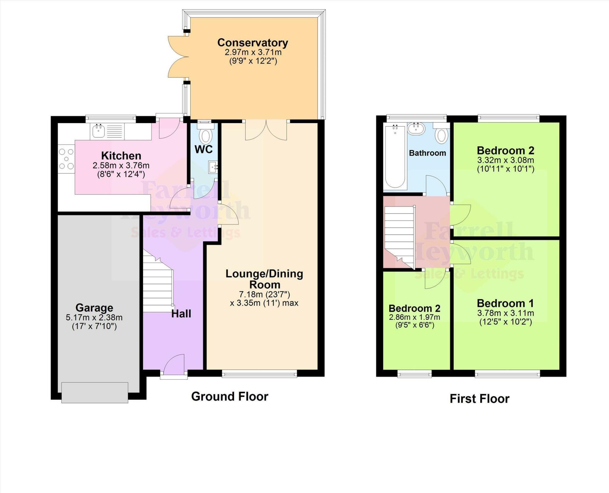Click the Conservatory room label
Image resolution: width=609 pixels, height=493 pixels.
[x=252, y=43]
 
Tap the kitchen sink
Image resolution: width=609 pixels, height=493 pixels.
[x=98, y=131]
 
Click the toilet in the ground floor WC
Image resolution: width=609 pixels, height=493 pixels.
[x=205, y=135]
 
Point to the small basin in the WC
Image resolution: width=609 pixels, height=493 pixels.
[x=213, y=167]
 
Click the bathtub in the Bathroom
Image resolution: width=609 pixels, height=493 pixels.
[x=395, y=157]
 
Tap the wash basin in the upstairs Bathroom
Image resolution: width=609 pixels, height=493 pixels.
[x=416, y=129]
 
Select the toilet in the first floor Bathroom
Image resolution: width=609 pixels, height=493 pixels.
[x=442, y=134]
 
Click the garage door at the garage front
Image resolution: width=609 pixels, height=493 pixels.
[x=95, y=392]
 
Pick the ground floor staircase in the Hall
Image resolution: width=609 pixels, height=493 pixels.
[x=158, y=285]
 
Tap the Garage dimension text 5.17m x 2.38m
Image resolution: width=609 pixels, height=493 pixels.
[x=94, y=317]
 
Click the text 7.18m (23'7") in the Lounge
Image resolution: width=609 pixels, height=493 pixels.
[x=264, y=294]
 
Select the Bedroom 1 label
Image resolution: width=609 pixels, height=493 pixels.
[x=505, y=303]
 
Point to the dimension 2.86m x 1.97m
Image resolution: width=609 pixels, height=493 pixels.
[x=415, y=317]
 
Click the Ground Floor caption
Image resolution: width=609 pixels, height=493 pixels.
[x=230, y=396]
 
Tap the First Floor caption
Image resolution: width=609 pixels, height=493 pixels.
[x=479, y=398]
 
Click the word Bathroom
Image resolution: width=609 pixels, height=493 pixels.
[x=427, y=153]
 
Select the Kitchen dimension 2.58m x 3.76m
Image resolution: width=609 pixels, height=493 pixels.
[x=121, y=165]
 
